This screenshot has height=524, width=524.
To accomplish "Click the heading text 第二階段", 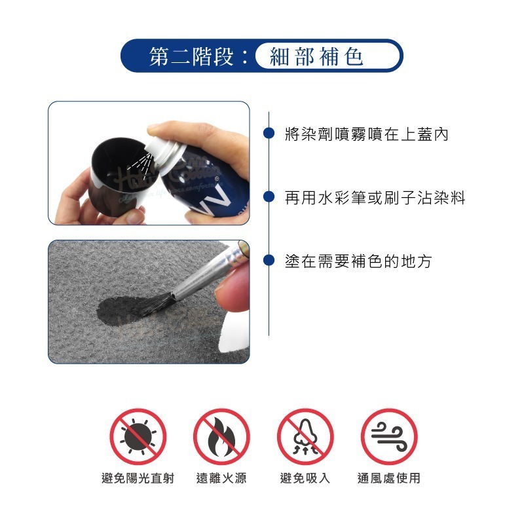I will (x=191, y=57).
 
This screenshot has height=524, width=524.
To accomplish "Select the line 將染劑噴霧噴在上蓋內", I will (x=367, y=135).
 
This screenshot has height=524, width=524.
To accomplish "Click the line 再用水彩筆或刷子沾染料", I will (x=375, y=198).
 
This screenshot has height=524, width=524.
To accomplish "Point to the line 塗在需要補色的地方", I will (x=358, y=261).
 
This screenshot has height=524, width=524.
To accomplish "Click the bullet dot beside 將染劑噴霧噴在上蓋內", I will (x=268, y=134).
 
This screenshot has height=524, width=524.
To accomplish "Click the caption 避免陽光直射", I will (x=138, y=478).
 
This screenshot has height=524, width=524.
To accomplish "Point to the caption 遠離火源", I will (x=221, y=478).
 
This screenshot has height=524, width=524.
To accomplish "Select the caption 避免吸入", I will (x=305, y=478).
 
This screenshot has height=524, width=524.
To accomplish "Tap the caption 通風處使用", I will (x=389, y=478).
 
